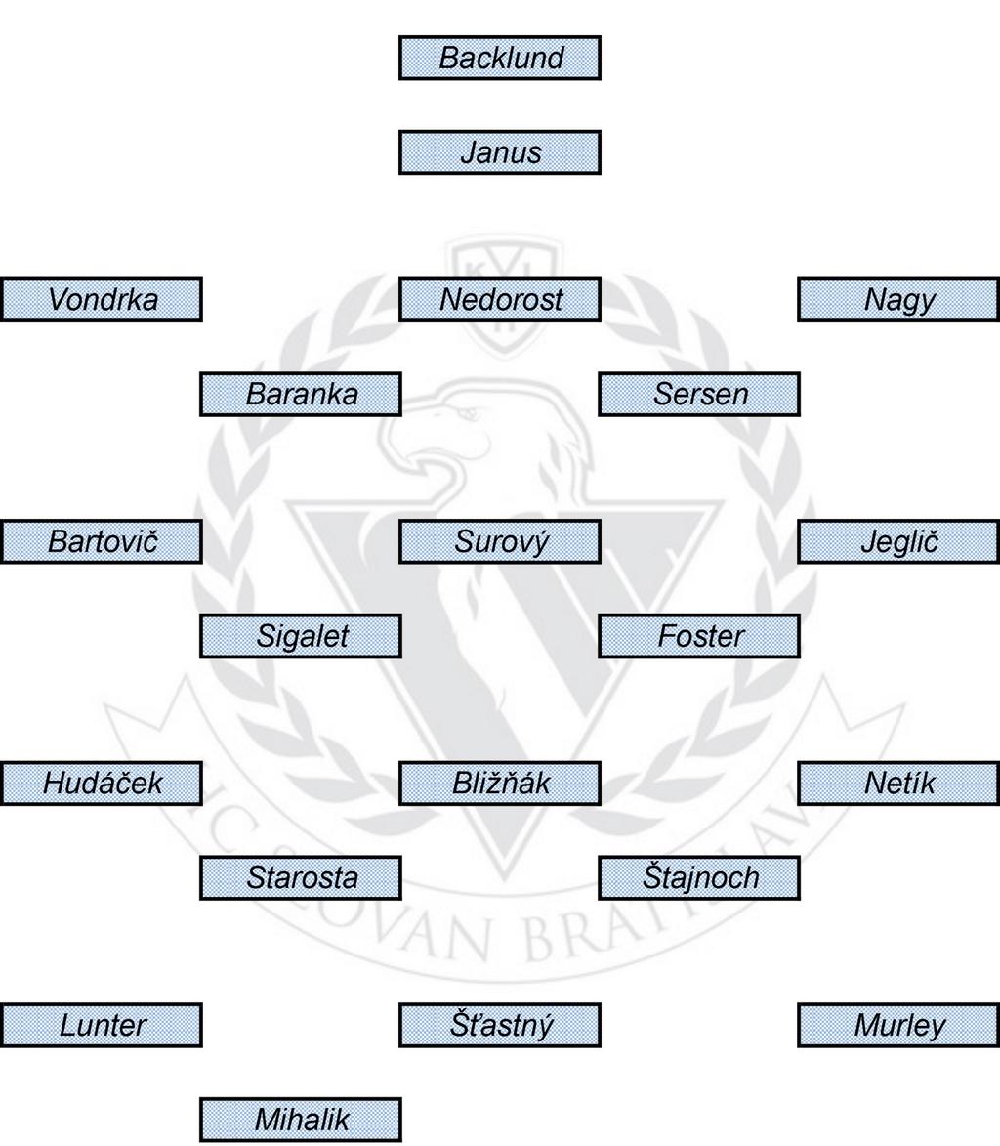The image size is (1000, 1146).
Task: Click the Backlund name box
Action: coord(500,58)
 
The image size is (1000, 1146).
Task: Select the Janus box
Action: coord(500,152)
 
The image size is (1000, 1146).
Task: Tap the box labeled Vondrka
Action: coord(102,300)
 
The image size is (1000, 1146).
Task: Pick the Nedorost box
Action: coord(500,300)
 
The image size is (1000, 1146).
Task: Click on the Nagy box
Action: coord(898,300)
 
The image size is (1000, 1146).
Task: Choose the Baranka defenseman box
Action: coord(301,395)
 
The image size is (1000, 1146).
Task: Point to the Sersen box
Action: coord(699,395)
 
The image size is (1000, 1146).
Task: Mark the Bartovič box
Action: coord(102,541)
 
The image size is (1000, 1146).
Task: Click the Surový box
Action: coord(500,541)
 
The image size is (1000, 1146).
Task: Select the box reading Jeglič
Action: coord(898,541)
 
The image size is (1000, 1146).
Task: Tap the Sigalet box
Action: coord(301,636)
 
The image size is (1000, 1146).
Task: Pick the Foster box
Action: coord(699,636)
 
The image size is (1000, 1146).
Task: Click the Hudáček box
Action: coord(102,784)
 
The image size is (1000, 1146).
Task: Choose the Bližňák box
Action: coord(500,784)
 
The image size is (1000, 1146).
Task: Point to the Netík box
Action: coord(898,784)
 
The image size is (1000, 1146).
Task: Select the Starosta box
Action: coord(301,877)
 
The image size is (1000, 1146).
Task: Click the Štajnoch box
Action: coord(699,877)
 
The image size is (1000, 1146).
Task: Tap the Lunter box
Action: coord(102,1025)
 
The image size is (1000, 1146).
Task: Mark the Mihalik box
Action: coord(301,1120)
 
